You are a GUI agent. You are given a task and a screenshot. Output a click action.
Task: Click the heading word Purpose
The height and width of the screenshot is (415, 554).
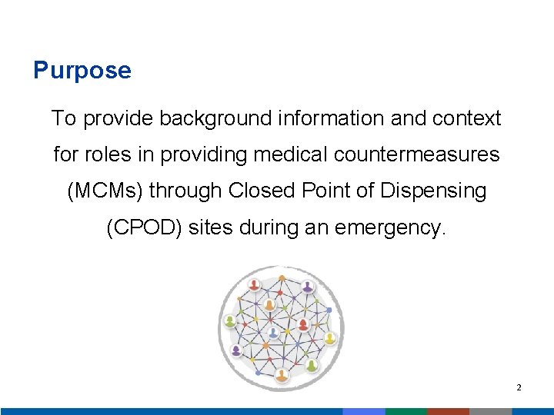tap(82, 71)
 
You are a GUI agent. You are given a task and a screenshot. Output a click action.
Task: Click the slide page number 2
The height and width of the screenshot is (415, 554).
tap(519, 388)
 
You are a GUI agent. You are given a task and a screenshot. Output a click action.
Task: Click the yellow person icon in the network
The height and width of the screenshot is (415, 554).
tap(329, 337)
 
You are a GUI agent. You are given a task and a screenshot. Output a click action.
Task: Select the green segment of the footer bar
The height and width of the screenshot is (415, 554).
tap(405, 411)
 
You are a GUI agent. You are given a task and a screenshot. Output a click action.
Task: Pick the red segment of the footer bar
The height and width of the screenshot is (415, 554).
tap(448, 411)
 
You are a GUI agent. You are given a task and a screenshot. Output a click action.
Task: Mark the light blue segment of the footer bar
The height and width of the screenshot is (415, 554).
tap(363, 411)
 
